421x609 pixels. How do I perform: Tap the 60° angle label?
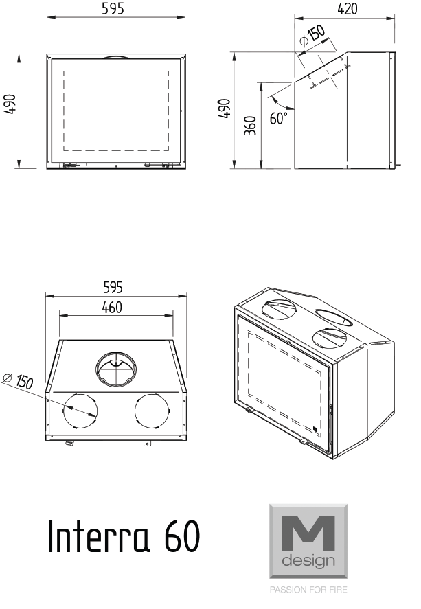click(279, 118)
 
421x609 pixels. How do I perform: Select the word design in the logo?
click(308, 562)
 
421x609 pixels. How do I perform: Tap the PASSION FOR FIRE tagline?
click(308, 590)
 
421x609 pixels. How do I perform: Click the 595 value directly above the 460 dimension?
click(113, 287)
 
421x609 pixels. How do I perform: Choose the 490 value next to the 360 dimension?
click(225, 110)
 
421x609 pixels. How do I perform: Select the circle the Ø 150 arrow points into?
click(80, 411)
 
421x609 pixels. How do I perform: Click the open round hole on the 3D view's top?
click(333, 317)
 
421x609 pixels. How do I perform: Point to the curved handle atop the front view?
click(115, 57)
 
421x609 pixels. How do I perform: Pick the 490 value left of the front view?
click(9, 110)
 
